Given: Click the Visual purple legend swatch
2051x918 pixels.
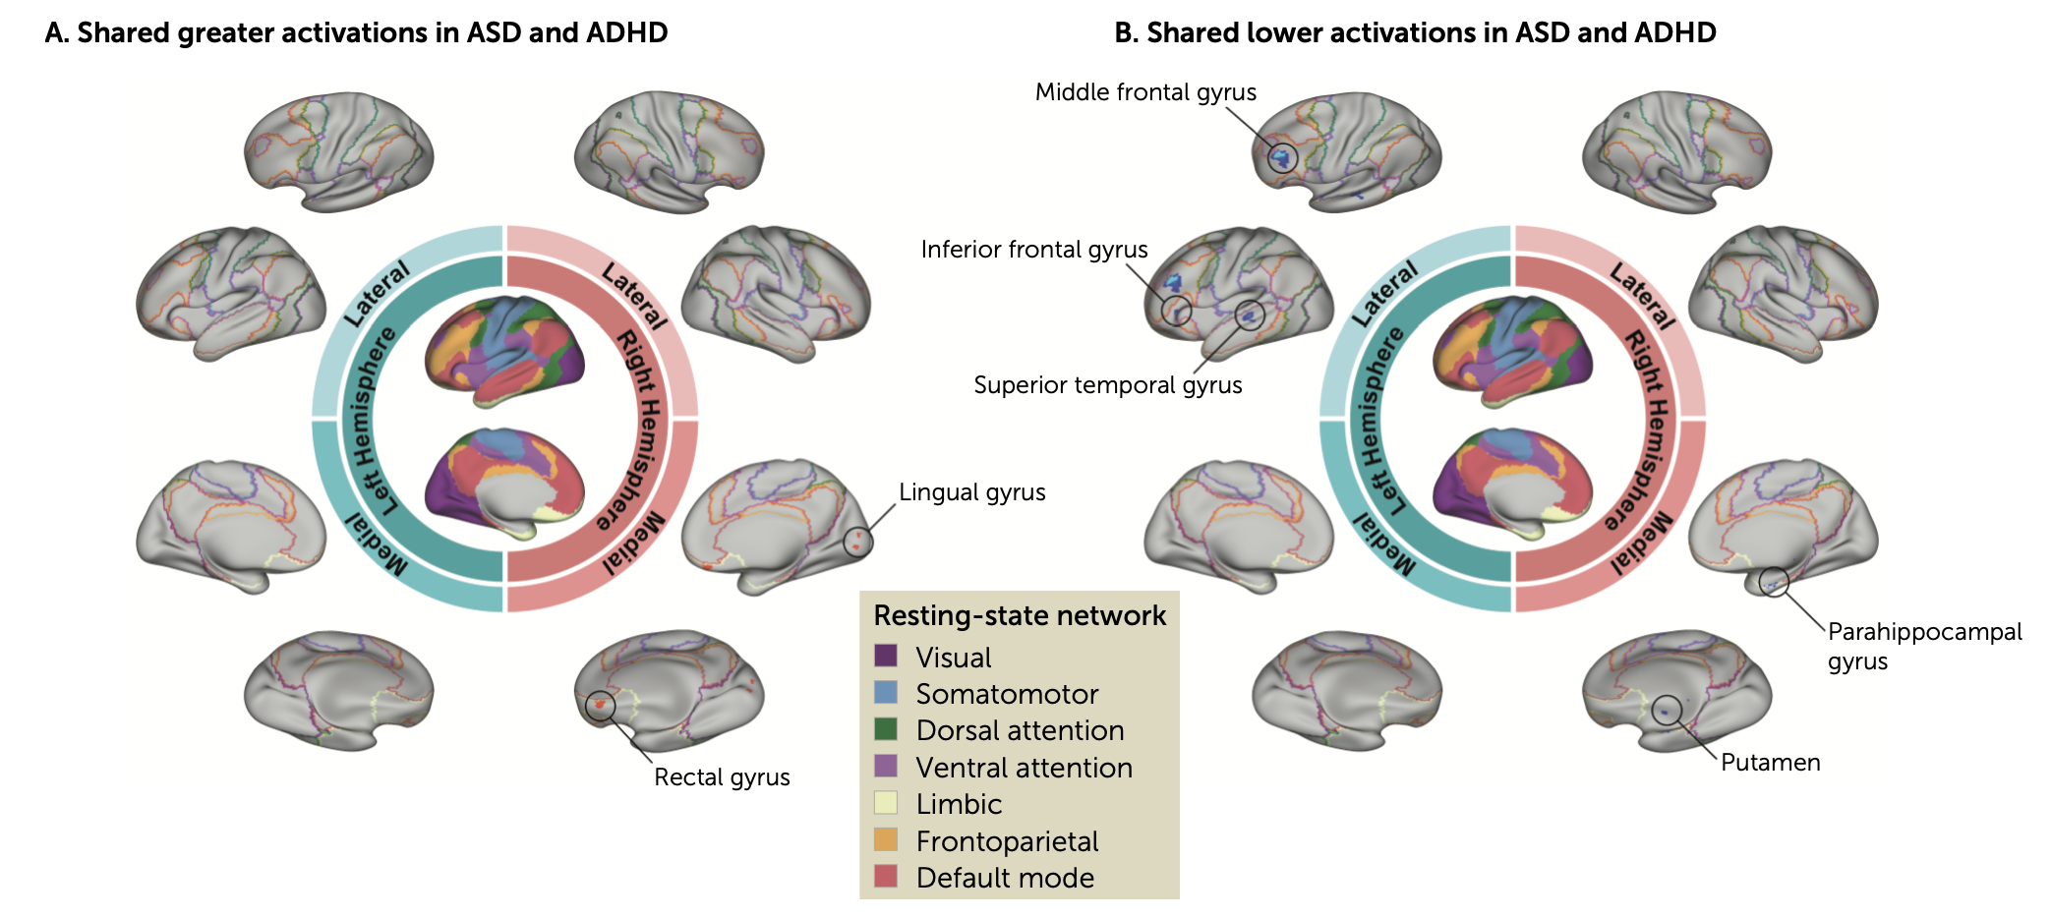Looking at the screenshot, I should pyautogui.click(x=885, y=656).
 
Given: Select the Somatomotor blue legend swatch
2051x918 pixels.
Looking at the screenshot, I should pyautogui.click(x=885, y=693).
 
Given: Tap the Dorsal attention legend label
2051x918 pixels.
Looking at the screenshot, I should pyautogui.click(x=1020, y=730).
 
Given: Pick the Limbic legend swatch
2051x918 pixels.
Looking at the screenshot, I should pyautogui.click(x=885, y=803).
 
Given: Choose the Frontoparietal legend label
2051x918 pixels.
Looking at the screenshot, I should pyautogui.click(x=1007, y=841).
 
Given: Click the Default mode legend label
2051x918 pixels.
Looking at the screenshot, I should pyautogui.click(x=1005, y=878).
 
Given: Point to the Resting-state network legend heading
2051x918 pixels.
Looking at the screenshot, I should pyautogui.click(x=1020, y=615).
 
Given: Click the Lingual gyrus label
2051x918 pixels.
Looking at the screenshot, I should pyautogui.click(x=971, y=492).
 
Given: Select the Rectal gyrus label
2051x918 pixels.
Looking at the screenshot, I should pyautogui.click(x=722, y=777).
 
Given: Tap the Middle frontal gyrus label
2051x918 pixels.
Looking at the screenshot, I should pyautogui.click(x=1145, y=92).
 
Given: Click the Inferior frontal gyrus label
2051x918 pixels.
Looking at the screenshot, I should pyautogui.click(x=1034, y=250).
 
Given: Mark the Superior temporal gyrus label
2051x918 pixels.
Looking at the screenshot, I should pyautogui.click(x=1107, y=385).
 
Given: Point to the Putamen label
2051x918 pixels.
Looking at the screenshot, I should pyautogui.click(x=1770, y=763).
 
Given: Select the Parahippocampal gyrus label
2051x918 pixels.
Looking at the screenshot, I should pyautogui.click(x=1924, y=646).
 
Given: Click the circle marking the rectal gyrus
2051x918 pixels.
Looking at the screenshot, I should pyautogui.click(x=600, y=705).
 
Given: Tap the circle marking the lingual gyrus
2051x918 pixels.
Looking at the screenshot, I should pyautogui.click(x=858, y=541).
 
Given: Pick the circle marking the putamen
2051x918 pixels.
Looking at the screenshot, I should pyautogui.click(x=1667, y=710).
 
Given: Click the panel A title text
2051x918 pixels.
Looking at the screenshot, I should pyautogui.click(x=356, y=32).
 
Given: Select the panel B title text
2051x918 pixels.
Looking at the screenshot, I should pyautogui.click(x=1415, y=32).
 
